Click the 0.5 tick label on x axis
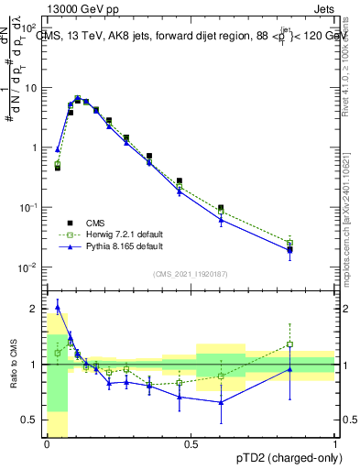pos(191,442)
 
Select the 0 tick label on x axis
pos(47,442)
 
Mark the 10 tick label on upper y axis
pos(29,88)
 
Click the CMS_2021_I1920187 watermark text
pos(191,274)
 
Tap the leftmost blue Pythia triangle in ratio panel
pos(58,307)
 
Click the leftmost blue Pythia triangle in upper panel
pos(58,149)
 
